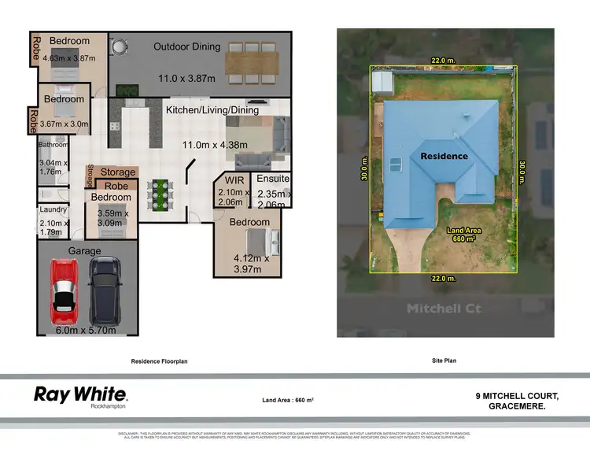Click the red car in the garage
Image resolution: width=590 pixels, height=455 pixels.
pyautogui.click(x=64, y=290)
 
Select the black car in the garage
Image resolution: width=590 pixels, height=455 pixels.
pyautogui.click(x=104, y=290)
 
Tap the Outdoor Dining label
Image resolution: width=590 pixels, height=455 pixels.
pyautogui.click(x=186, y=46)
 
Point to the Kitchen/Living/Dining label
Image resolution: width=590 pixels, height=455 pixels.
pyautogui.click(x=212, y=110)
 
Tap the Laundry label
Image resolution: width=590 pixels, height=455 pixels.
pyautogui.click(x=53, y=210)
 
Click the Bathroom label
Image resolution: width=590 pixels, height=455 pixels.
pyautogui.click(x=53, y=145)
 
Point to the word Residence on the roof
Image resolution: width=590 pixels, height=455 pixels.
pyautogui.click(x=444, y=156)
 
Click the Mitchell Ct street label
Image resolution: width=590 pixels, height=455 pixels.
pyautogui.click(x=444, y=309)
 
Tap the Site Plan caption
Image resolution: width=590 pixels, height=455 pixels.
pyautogui.click(x=444, y=361)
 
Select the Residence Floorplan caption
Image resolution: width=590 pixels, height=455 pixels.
pyautogui.click(x=164, y=361)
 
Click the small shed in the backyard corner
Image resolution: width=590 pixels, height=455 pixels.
pyautogui.click(x=383, y=81)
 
